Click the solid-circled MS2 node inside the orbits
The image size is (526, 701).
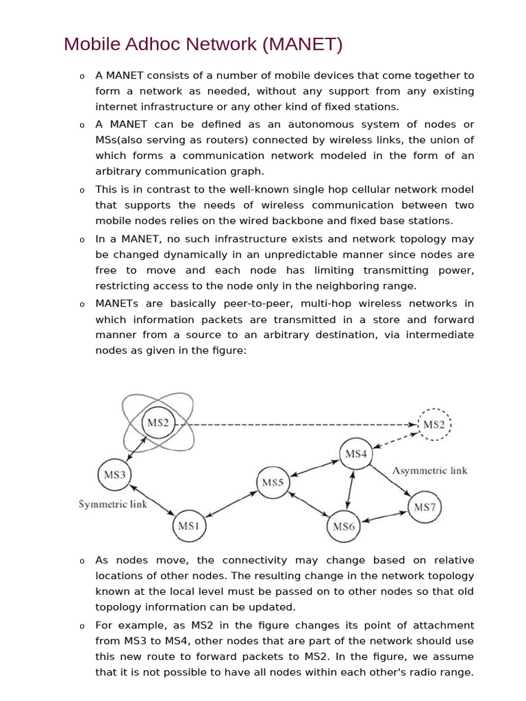tap(158, 423)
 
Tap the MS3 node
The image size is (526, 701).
tap(114, 474)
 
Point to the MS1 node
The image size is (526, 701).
tap(188, 526)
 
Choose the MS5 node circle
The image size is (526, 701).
tap(273, 483)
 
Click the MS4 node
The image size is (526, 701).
tap(356, 454)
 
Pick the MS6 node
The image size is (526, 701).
tap(344, 526)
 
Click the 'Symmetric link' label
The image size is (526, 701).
tap(113, 505)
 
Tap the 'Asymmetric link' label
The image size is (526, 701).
tap(429, 470)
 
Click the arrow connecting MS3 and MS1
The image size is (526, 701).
tap(151, 500)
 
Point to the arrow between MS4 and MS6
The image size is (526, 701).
tap(351, 489)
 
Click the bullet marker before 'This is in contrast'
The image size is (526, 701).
tap(81, 191)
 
